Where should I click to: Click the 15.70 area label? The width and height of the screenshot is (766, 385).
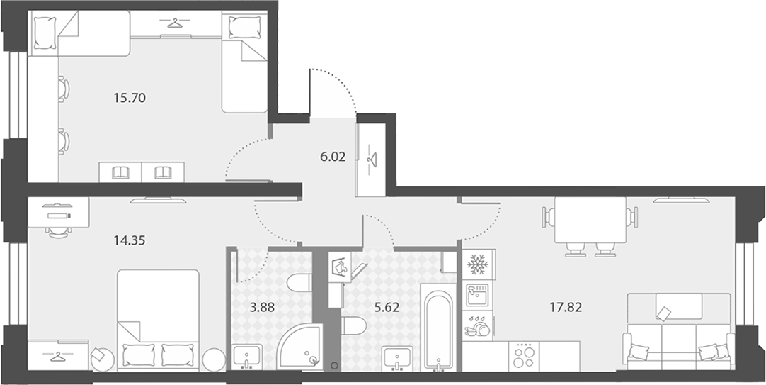(x=130, y=99)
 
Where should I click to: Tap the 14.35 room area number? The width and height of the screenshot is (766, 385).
(x=130, y=240)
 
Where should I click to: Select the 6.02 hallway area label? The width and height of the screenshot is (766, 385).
(x=332, y=157)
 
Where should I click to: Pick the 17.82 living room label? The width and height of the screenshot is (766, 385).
(x=565, y=308)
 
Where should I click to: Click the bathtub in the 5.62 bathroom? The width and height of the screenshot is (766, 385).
(x=438, y=329)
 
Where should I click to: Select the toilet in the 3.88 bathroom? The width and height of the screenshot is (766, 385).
(x=299, y=283)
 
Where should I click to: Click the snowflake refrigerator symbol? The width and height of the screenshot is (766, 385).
(x=479, y=264)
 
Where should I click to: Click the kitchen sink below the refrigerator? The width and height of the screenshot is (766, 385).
(x=478, y=295)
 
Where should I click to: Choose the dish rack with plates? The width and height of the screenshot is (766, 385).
(x=477, y=326)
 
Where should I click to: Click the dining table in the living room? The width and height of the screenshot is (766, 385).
(x=590, y=220)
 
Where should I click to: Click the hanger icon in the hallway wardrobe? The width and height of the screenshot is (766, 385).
(x=372, y=160)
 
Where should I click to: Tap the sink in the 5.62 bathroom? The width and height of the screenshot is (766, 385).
(x=397, y=357)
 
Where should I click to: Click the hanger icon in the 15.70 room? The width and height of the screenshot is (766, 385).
(x=174, y=23)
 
